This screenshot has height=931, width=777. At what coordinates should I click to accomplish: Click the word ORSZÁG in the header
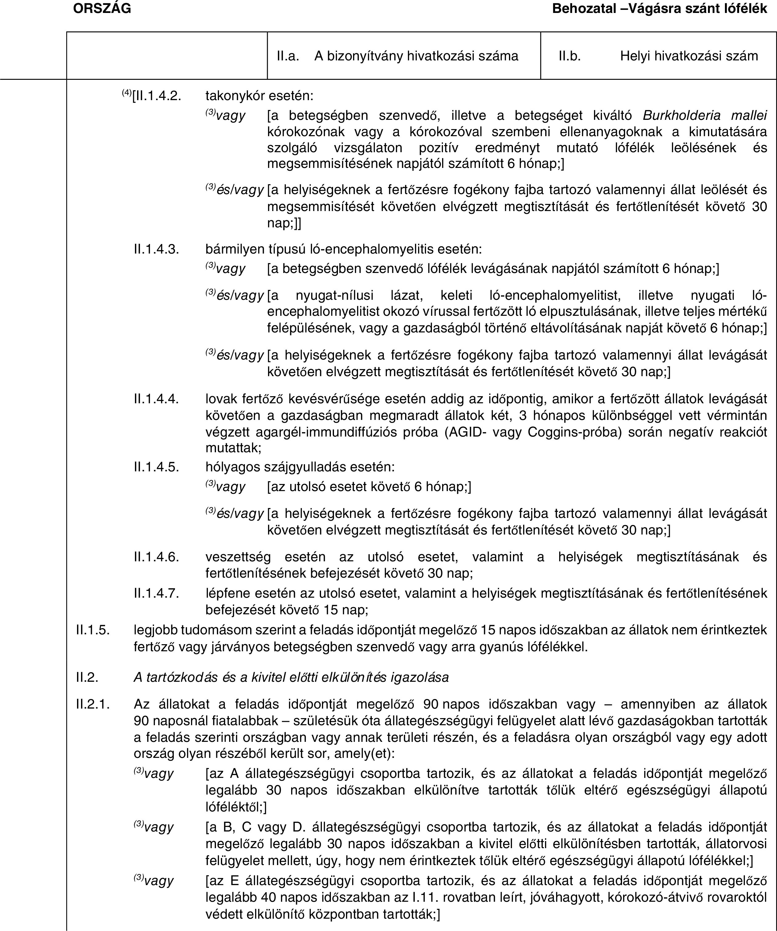pos(102,8)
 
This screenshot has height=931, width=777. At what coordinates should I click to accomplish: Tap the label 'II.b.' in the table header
pos(570,56)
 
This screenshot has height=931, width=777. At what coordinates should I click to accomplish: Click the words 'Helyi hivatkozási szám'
pos(689,56)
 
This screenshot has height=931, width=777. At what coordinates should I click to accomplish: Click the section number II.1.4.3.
pos(157,249)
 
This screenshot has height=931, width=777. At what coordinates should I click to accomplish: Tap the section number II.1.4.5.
pos(157,467)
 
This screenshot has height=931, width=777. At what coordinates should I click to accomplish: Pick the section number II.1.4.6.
pos(157,557)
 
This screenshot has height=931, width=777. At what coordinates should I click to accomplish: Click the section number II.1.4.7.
pos(157,593)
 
